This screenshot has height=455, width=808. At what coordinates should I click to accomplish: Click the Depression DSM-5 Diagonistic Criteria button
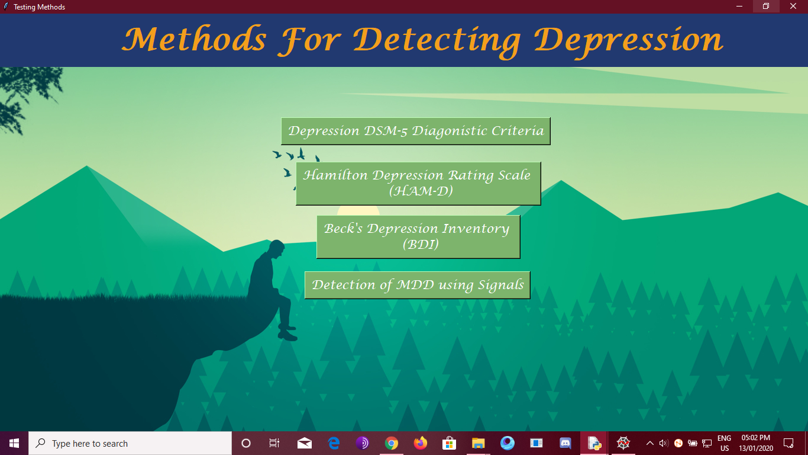tap(415, 131)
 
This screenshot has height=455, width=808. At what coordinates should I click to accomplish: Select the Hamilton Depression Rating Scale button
tap(418, 183)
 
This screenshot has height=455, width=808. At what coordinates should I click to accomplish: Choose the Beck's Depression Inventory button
tap(418, 236)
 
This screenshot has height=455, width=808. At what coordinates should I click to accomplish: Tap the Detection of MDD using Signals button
tap(417, 285)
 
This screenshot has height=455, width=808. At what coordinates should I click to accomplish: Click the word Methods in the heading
tap(194, 40)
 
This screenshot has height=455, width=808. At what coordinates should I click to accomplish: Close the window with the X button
tap(793, 7)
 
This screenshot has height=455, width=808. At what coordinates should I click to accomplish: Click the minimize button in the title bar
tap(739, 7)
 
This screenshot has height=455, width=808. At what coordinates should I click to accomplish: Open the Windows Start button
tap(14, 443)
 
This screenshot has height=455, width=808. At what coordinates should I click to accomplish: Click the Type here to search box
tap(130, 443)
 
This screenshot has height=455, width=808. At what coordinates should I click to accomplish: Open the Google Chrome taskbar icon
tap(391, 443)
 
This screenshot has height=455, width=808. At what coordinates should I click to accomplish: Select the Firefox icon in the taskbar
tap(420, 443)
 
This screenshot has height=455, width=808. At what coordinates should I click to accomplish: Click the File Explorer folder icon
tap(478, 443)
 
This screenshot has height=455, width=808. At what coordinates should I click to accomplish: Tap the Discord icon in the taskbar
tap(565, 443)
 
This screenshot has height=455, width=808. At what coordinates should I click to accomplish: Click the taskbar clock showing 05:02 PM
tap(756, 443)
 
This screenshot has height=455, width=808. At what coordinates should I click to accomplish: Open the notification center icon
tap(788, 443)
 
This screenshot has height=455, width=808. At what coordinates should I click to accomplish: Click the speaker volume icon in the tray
tap(663, 443)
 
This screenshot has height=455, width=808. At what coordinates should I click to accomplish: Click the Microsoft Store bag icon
tap(449, 443)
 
